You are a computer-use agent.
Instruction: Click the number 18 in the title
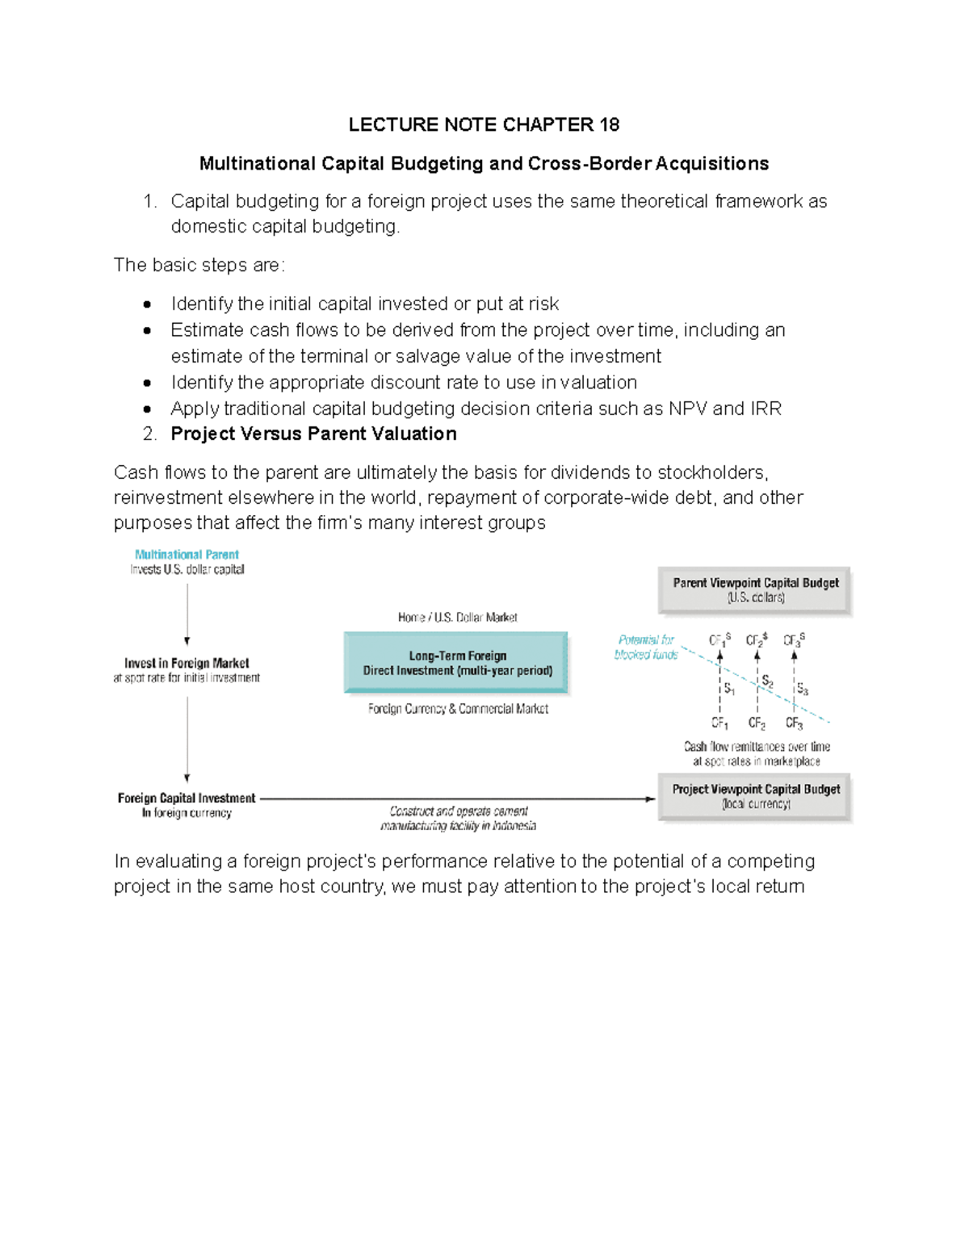click(609, 124)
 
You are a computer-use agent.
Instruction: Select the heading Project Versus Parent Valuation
click(313, 434)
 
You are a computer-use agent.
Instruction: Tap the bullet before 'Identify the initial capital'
click(147, 304)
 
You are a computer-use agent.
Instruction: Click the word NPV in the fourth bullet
click(687, 409)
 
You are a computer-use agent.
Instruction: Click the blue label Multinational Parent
click(187, 555)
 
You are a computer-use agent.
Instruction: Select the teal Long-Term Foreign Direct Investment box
click(456, 663)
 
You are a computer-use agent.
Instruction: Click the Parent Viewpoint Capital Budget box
click(755, 589)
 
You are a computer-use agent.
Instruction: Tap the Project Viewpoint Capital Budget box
click(755, 796)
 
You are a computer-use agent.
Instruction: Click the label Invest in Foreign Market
click(187, 663)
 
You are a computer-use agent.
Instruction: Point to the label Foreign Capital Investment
click(187, 798)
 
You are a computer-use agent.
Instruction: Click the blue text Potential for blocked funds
click(646, 647)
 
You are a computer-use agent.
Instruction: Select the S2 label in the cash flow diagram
click(767, 682)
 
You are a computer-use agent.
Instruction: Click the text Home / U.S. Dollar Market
click(457, 618)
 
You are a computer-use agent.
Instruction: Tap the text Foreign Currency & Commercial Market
click(458, 709)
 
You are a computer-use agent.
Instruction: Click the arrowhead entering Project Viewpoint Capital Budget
click(651, 799)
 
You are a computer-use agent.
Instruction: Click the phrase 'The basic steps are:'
click(199, 266)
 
